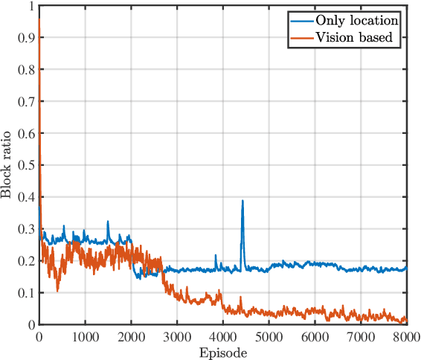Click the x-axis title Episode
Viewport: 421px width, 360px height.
(x=223, y=353)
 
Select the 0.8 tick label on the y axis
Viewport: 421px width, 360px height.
(x=25, y=70)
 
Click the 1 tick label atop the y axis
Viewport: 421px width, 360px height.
(x=30, y=7)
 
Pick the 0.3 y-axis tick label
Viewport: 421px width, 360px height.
(x=25, y=230)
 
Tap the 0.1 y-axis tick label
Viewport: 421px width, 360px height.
(x=25, y=293)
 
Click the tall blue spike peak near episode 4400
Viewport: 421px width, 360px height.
(x=242, y=201)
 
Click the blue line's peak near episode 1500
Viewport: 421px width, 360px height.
(x=108, y=222)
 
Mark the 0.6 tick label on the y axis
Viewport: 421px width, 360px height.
(x=25, y=134)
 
